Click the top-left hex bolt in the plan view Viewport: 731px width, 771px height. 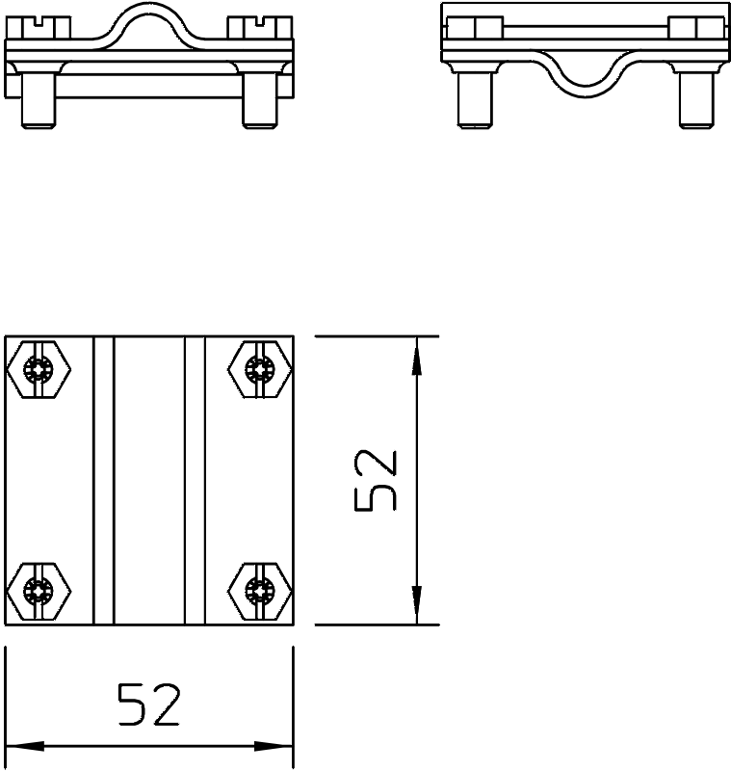(39, 369)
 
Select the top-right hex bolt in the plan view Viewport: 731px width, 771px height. (259, 369)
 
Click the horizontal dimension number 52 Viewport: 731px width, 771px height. (148, 705)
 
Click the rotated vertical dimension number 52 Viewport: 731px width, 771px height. (377, 481)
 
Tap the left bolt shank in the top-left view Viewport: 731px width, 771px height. (39, 100)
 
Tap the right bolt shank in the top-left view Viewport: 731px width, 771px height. (259, 100)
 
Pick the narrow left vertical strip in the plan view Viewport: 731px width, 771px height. (103, 481)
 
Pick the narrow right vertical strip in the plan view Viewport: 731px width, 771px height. (195, 481)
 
